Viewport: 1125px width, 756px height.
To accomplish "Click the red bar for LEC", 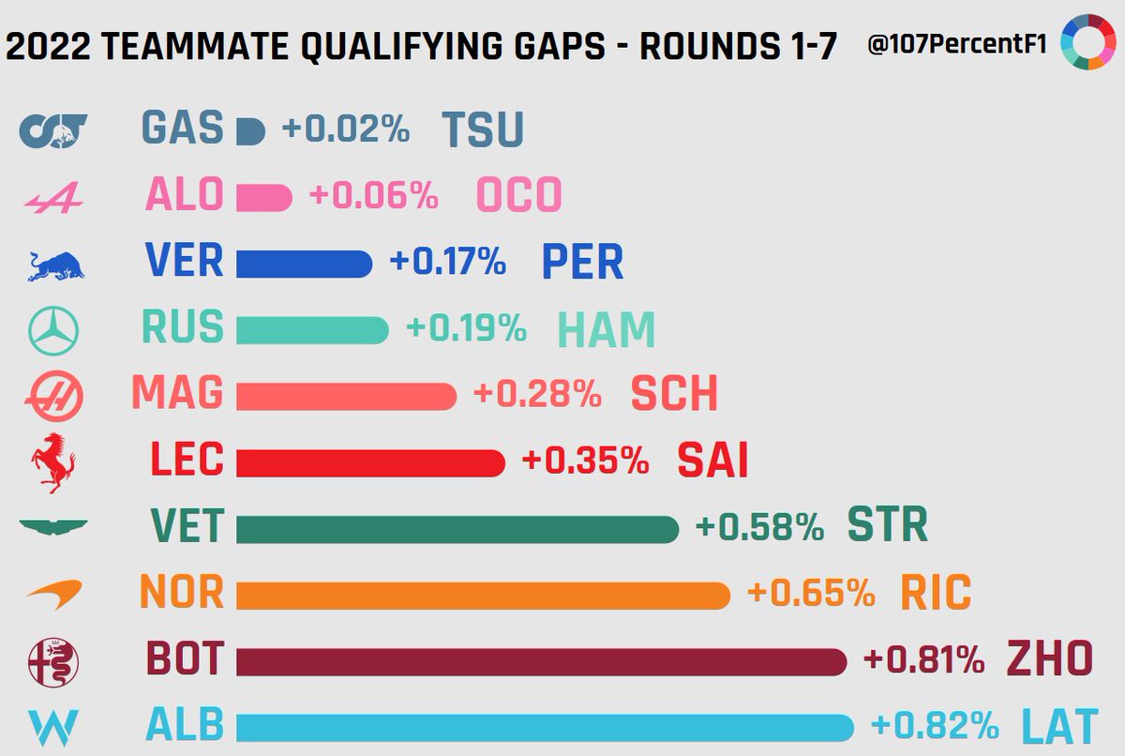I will click(x=369, y=462).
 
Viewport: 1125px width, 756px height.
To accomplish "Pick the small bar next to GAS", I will click(x=250, y=131).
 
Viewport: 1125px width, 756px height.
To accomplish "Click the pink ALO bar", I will click(x=263, y=197).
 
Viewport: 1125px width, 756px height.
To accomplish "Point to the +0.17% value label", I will click(x=447, y=263).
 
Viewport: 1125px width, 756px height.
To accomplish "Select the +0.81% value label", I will click(x=924, y=660).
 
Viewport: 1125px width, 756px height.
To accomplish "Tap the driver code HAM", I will click(x=606, y=330).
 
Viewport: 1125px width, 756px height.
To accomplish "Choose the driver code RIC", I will click(x=935, y=594).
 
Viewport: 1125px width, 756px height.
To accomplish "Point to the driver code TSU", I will click(x=482, y=131).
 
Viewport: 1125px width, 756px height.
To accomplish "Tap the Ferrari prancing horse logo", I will click(x=52, y=462).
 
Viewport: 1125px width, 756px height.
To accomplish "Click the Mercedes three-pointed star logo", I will click(x=53, y=330).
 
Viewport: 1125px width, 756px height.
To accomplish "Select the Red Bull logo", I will click(x=52, y=265).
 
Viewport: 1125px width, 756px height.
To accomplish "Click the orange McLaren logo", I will click(x=53, y=594).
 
